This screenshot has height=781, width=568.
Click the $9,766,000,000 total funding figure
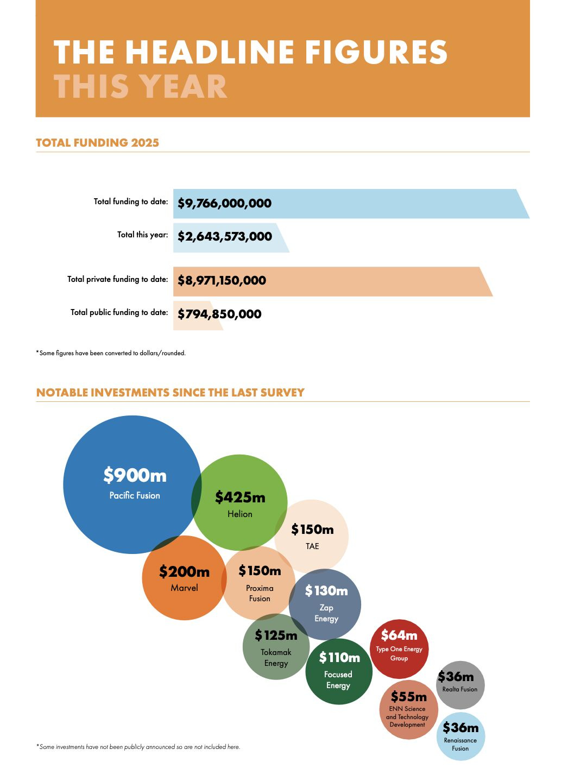pyautogui.click(x=224, y=204)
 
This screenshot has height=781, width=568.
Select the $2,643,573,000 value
pyautogui.click(x=225, y=237)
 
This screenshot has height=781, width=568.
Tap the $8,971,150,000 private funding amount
pyautogui.click(x=222, y=281)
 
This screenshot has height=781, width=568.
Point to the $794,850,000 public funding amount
pyautogui.click(x=219, y=314)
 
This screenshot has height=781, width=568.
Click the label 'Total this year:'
pyautogui.click(x=142, y=235)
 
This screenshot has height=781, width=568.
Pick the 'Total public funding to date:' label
pyautogui.click(x=119, y=312)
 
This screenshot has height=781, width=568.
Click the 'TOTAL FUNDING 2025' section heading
pyautogui.click(x=97, y=143)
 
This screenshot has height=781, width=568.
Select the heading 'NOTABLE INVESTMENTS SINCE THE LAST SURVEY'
pyautogui.click(x=170, y=393)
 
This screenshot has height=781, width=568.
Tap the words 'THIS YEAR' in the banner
pyautogui.click(x=140, y=87)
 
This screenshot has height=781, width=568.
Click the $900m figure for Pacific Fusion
pyautogui.click(x=135, y=476)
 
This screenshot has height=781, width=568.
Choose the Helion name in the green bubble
pyautogui.click(x=240, y=514)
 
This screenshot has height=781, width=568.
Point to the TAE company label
pyautogui.click(x=312, y=546)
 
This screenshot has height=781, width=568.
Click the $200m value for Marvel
pyautogui.click(x=184, y=572)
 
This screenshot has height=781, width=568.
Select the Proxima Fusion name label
pyautogui.click(x=260, y=593)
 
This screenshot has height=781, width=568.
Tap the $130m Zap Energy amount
pyautogui.click(x=326, y=591)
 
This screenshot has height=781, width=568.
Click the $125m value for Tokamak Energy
pyautogui.click(x=276, y=635)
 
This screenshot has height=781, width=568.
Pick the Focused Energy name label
pyautogui.click(x=338, y=680)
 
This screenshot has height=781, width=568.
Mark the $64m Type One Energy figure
pyautogui.click(x=399, y=635)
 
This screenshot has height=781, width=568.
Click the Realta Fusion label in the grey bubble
pyautogui.click(x=460, y=689)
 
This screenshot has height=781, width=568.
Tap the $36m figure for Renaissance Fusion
pyautogui.click(x=460, y=728)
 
